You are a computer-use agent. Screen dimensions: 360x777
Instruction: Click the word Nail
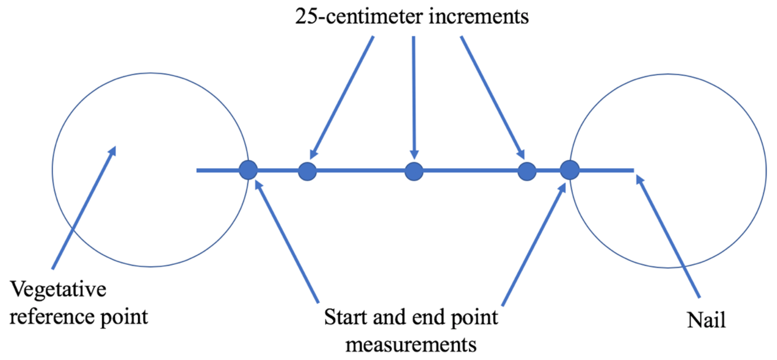click(706, 320)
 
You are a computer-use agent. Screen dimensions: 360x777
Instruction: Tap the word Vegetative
click(58, 289)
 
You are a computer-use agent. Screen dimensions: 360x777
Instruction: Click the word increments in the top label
click(479, 16)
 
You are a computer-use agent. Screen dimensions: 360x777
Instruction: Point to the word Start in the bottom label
click(346, 317)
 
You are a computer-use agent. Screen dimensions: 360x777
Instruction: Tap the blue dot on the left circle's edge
click(248, 170)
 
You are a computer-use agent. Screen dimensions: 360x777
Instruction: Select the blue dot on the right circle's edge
click(570, 170)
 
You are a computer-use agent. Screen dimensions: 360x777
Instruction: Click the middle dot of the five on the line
click(414, 171)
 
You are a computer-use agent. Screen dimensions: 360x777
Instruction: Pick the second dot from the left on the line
click(307, 171)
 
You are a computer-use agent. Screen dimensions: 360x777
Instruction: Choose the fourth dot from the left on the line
click(527, 171)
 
